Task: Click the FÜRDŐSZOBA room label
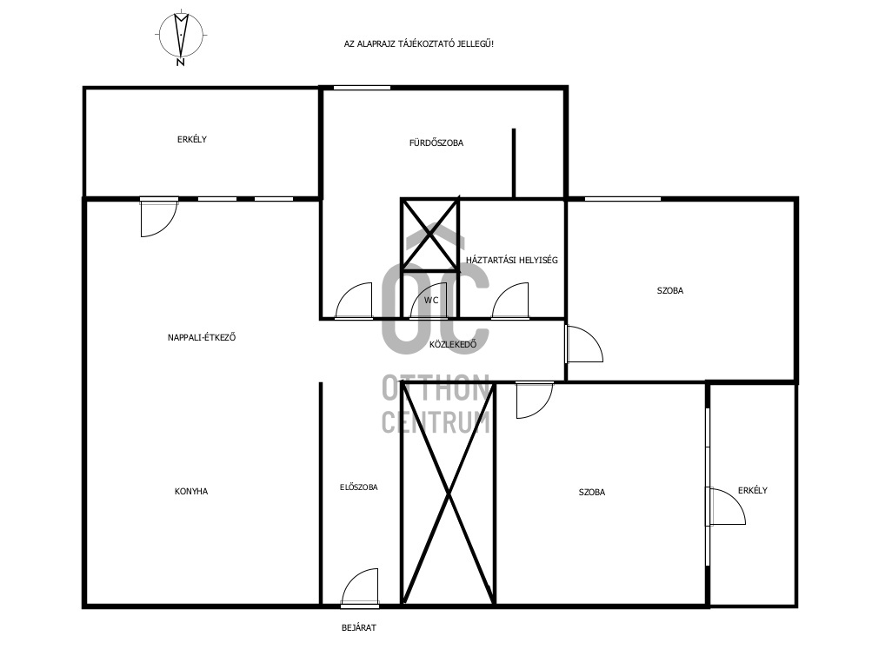436,142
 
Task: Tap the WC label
431,301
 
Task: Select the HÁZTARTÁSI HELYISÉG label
511,260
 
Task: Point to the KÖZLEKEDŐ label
453,344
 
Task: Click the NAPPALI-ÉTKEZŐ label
202,337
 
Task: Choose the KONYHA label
191,492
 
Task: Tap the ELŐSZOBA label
359,487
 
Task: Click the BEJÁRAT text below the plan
359,627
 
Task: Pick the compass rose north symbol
181,35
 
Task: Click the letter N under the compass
180,63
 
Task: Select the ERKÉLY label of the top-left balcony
192,139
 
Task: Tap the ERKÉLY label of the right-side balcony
752,490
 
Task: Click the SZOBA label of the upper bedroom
670,290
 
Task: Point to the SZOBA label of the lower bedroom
592,492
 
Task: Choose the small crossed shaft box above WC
429,235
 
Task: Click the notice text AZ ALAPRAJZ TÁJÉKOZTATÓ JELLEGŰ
419,44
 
